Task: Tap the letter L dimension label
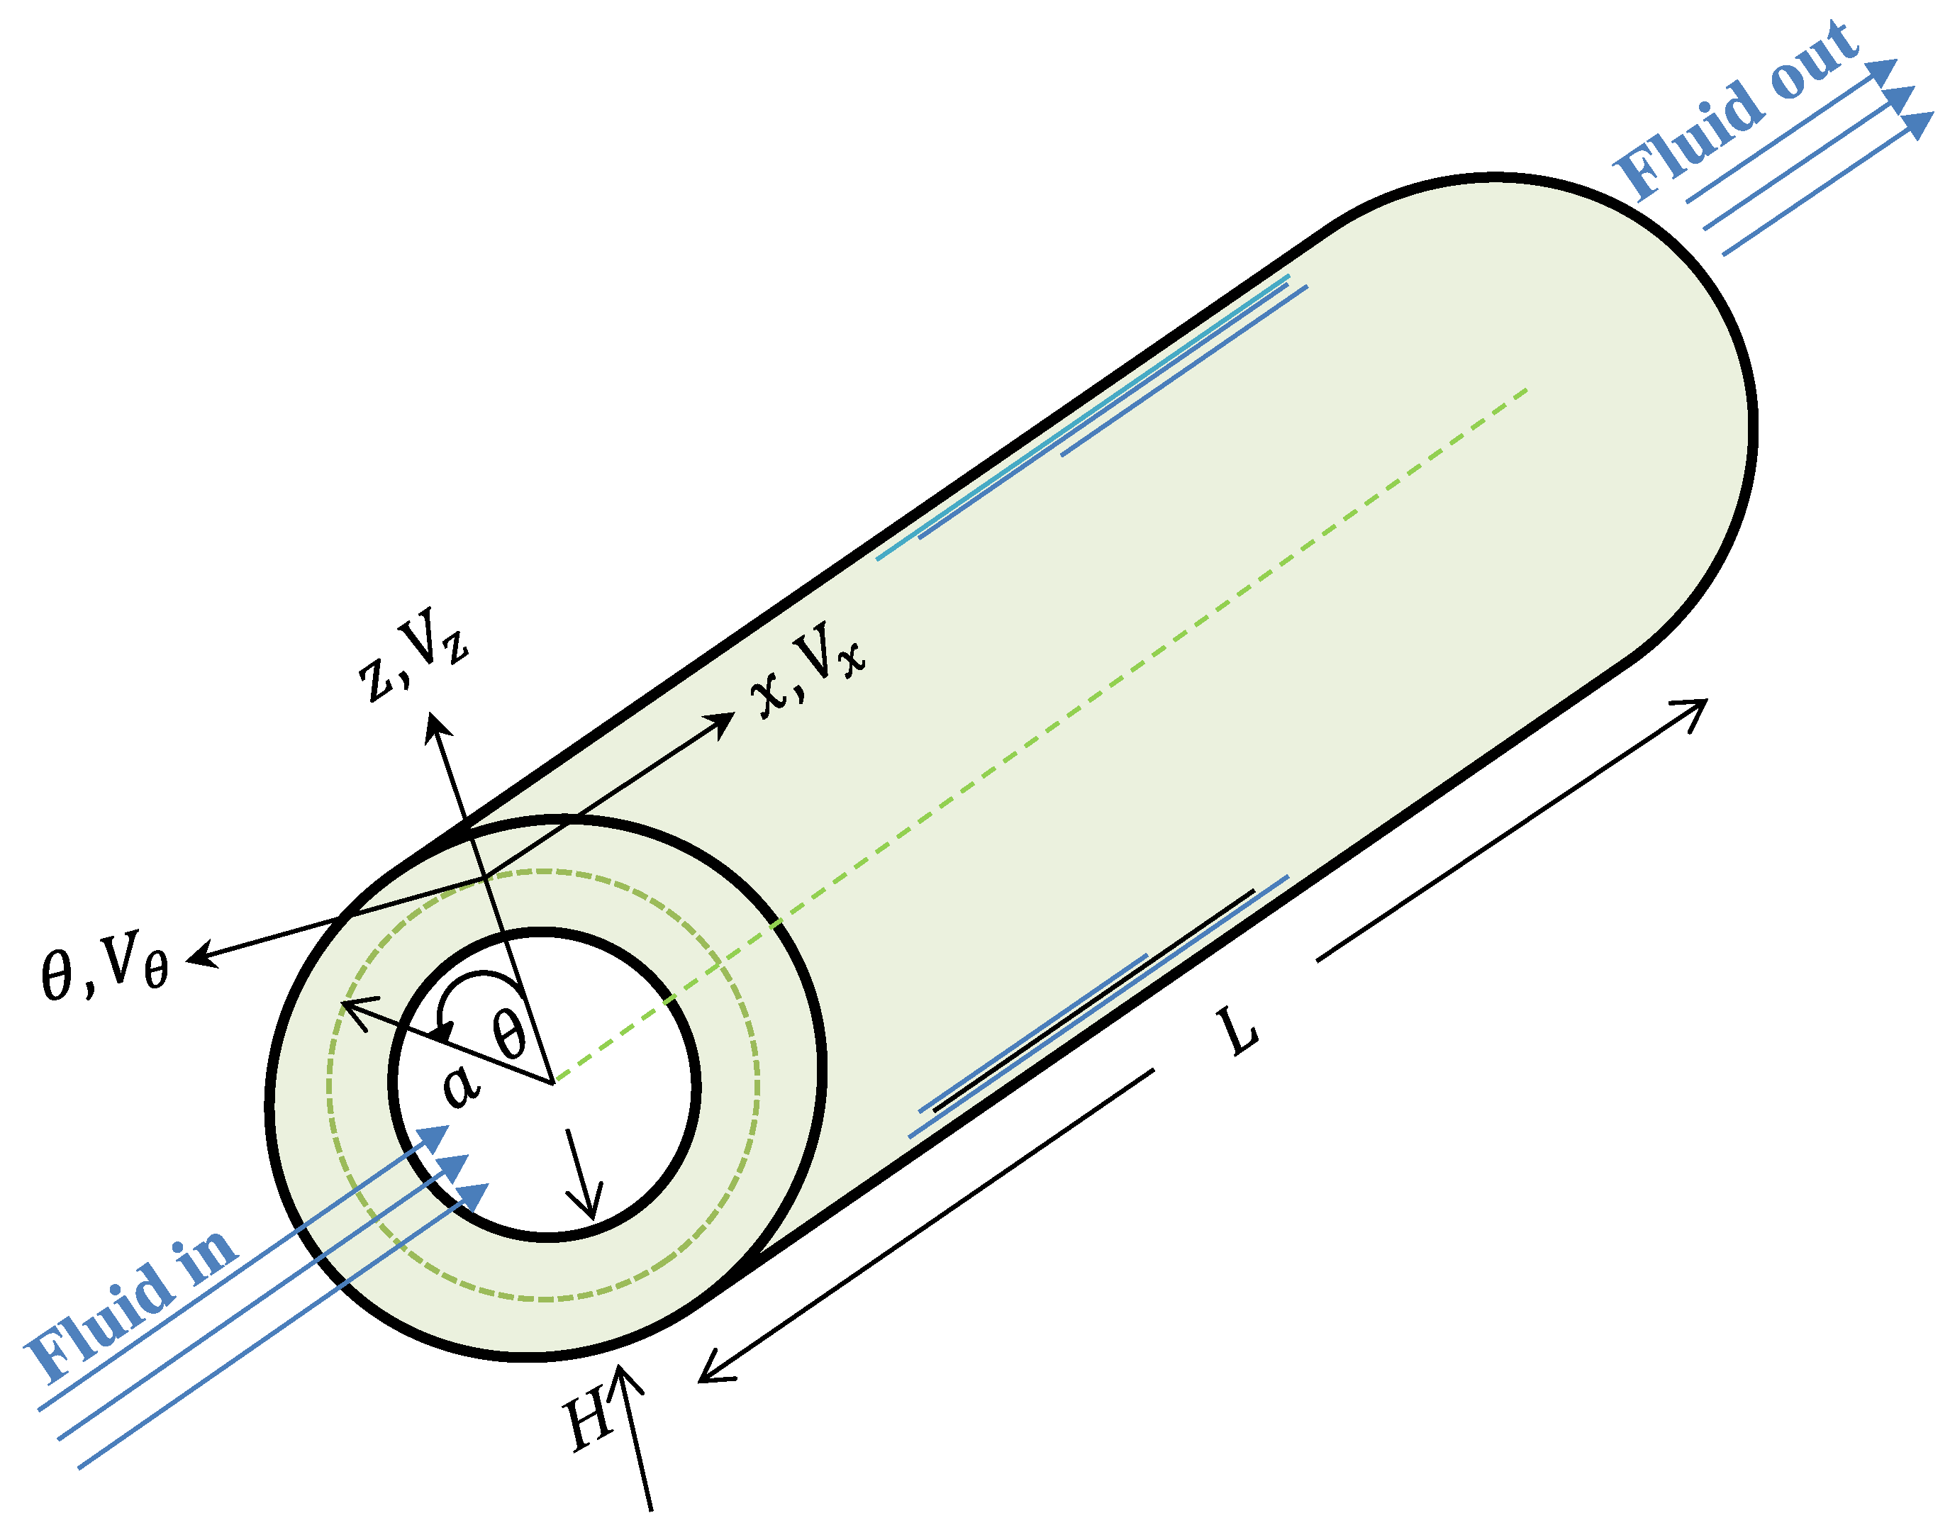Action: click(1240, 1031)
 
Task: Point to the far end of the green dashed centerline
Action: click(1526, 391)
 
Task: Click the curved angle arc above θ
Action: click(481, 978)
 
